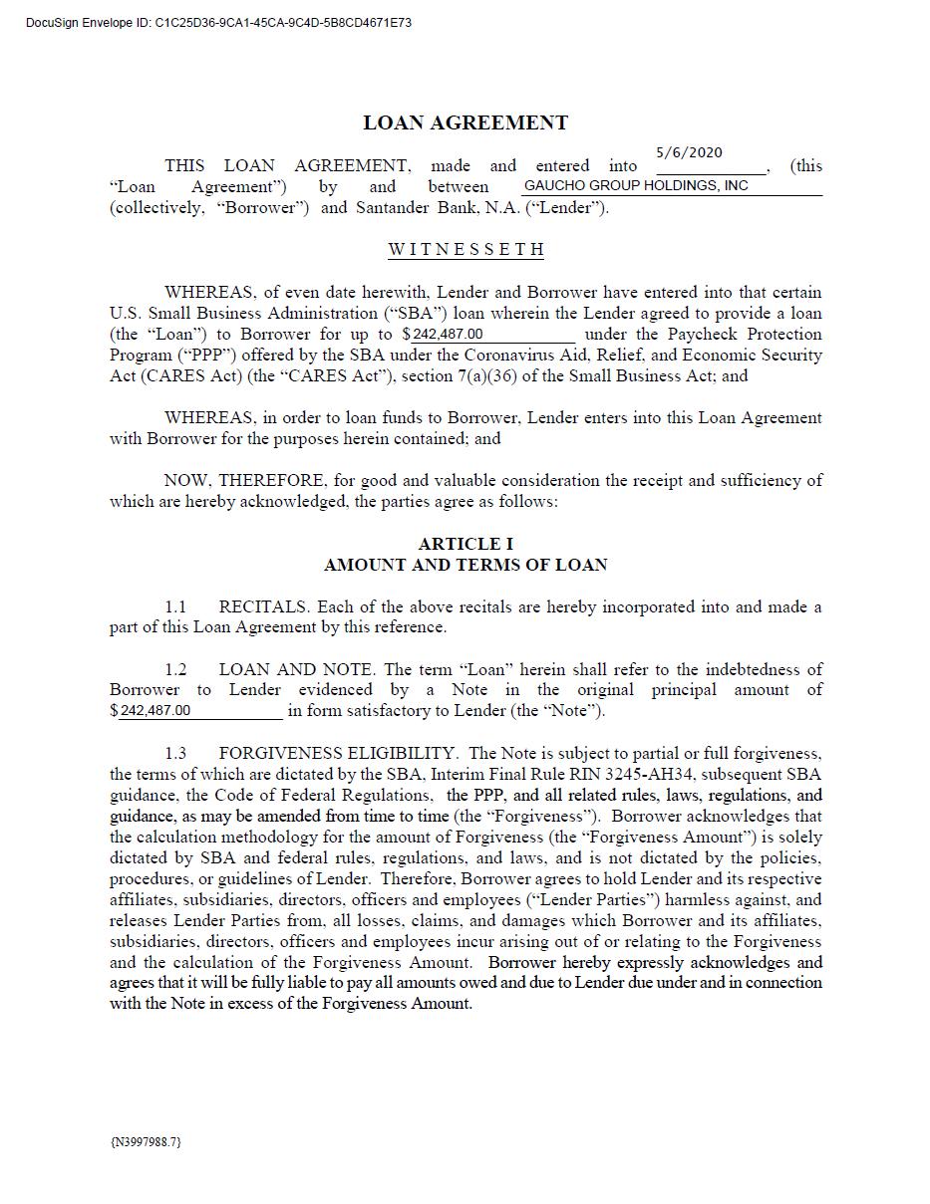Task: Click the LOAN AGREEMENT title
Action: (465, 123)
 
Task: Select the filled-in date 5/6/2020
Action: (689, 152)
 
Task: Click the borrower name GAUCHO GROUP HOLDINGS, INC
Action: (636, 186)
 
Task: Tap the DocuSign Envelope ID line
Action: (219, 22)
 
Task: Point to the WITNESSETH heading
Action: (465, 249)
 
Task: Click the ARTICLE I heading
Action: (465, 544)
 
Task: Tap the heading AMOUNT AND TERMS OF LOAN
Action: (465, 565)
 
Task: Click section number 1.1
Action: (175, 606)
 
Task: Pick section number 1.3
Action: (175, 753)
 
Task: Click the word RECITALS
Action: (263, 606)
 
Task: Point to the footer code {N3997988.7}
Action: (146, 1141)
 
